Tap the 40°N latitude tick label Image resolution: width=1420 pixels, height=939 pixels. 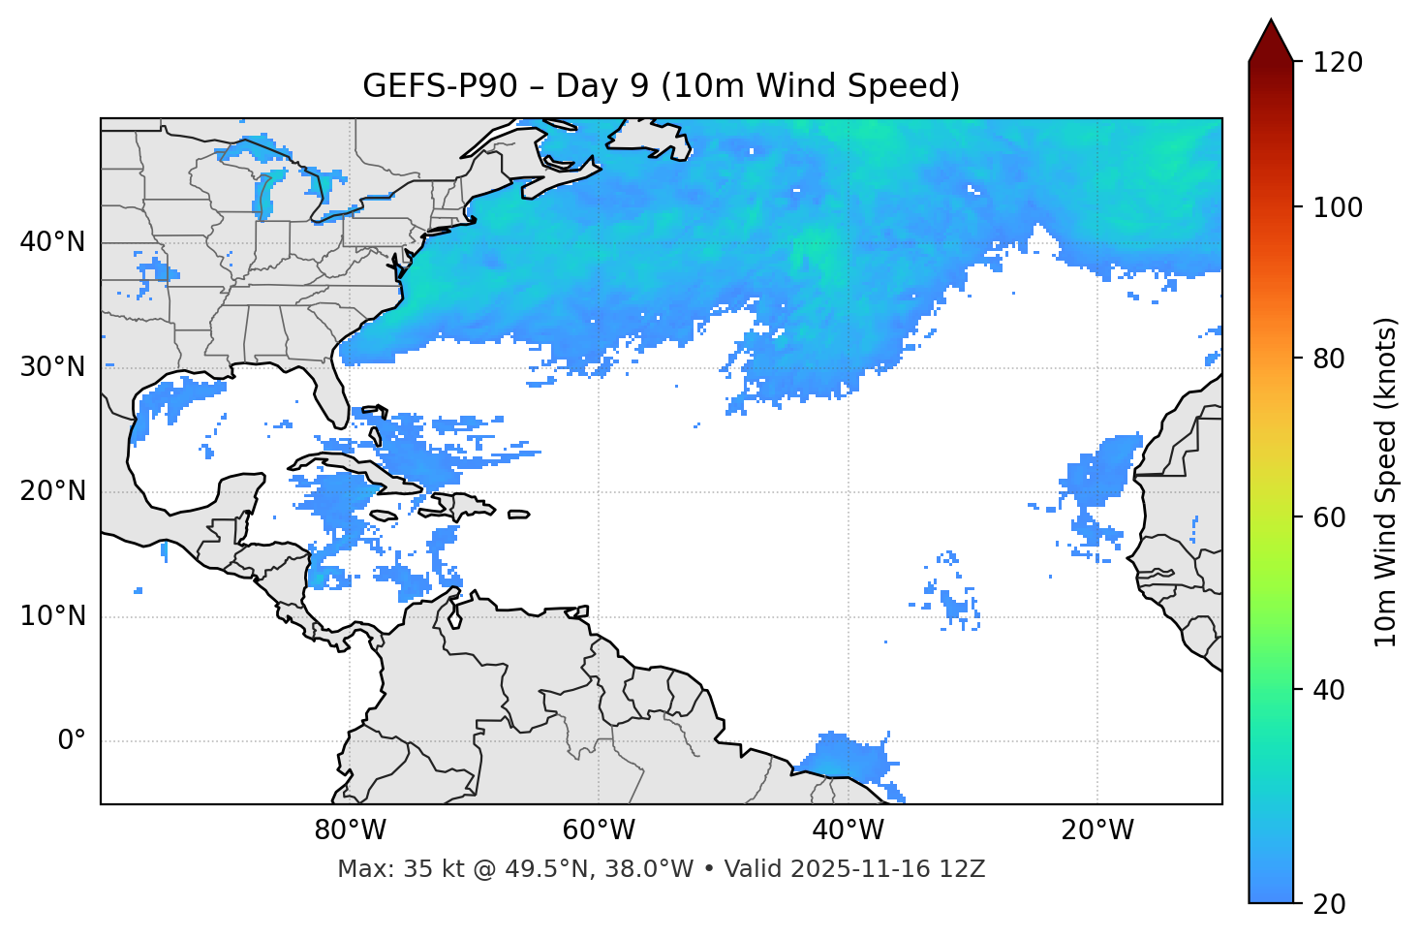[x=52, y=242]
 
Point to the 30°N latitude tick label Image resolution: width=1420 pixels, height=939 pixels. [x=52, y=367]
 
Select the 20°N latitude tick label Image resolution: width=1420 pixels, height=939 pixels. [x=52, y=491]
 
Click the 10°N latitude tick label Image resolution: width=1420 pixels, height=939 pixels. [x=52, y=616]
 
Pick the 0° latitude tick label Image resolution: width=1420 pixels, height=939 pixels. [x=71, y=741]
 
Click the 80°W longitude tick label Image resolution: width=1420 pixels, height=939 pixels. [x=350, y=830]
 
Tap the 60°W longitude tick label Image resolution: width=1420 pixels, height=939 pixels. [x=599, y=830]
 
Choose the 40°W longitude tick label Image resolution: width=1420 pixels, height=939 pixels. [x=848, y=830]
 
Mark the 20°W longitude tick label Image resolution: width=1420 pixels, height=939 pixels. [x=1096, y=830]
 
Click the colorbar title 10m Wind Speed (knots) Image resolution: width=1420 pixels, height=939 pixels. [x=1387, y=483]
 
